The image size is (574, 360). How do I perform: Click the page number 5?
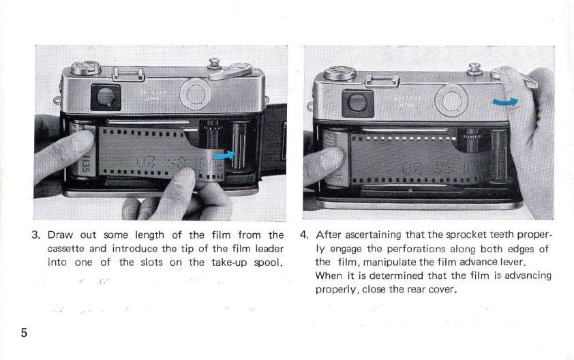24,333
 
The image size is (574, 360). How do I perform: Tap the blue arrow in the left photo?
224,155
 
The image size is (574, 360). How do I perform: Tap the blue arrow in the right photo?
505,102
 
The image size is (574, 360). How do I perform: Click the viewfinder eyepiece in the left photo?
106,97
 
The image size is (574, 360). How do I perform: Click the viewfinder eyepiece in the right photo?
358,103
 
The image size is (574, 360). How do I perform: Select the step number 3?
35,235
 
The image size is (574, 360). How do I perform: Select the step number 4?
303,235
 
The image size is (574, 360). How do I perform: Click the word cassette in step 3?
66,249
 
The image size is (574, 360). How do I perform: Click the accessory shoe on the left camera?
127,75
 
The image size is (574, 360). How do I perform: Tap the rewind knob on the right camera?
339,73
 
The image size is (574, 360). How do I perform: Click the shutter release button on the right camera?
474,68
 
